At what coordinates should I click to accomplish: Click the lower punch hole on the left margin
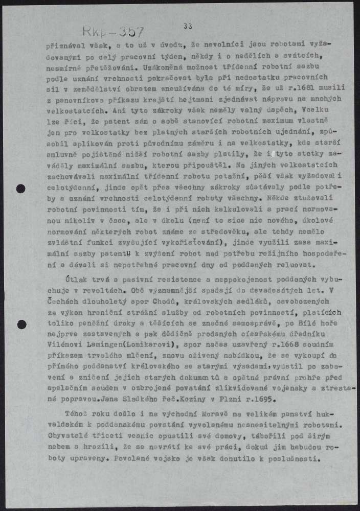coord(21,323)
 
